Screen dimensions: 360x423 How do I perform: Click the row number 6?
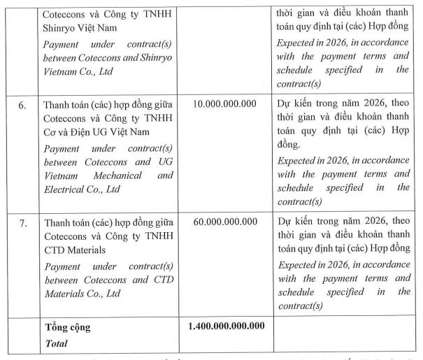(x=22, y=105)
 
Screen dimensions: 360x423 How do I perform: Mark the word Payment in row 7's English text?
(x=63, y=266)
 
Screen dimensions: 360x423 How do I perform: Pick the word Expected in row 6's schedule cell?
(x=297, y=161)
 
